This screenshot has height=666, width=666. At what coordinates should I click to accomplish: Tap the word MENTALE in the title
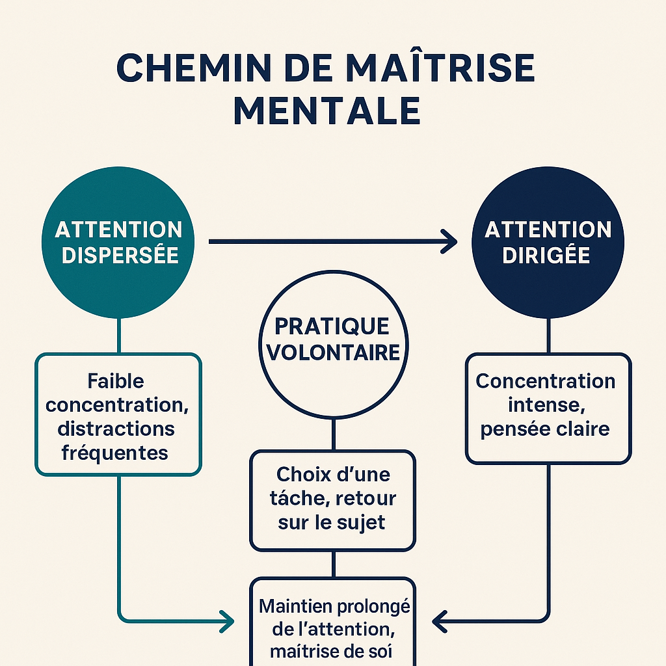(x=327, y=111)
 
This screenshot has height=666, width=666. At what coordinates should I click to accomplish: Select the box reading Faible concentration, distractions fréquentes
(x=118, y=414)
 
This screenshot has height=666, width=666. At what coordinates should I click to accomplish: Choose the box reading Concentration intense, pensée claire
(x=548, y=408)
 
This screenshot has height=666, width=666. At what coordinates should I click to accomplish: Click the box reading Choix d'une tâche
(x=333, y=499)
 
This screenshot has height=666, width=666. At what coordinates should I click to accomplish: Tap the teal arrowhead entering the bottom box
(x=228, y=621)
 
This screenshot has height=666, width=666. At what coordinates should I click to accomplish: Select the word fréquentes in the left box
(x=115, y=453)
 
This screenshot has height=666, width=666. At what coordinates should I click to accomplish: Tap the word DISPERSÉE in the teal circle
(x=119, y=254)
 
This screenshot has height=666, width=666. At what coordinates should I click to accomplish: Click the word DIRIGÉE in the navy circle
(x=548, y=254)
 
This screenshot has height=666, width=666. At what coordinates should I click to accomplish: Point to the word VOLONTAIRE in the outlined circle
(x=334, y=352)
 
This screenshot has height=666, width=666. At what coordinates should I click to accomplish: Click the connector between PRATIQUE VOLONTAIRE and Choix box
(x=333, y=434)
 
